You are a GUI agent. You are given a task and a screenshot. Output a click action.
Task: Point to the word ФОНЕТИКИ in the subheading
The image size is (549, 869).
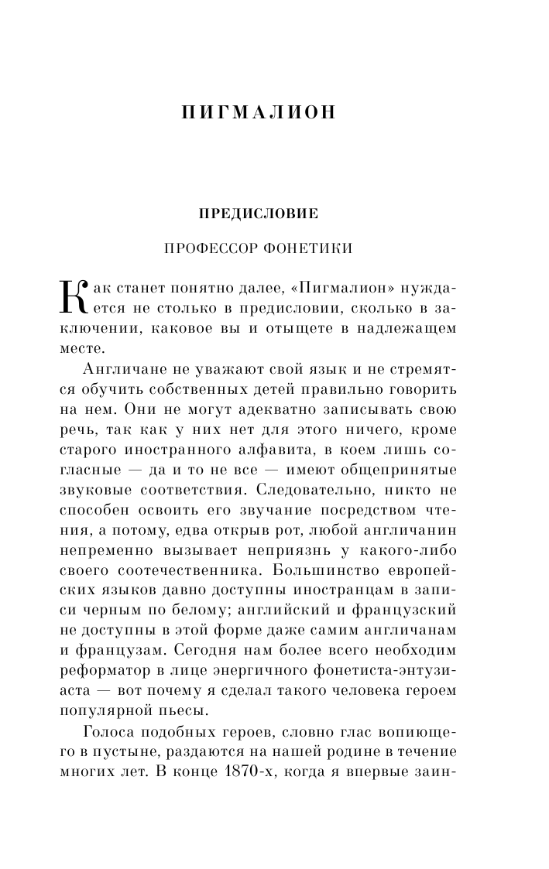coord(308,249)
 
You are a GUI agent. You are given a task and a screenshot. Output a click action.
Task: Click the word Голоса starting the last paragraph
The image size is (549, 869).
coord(112,730)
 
